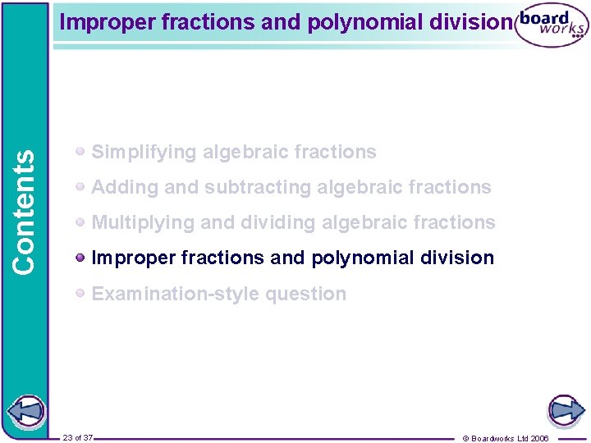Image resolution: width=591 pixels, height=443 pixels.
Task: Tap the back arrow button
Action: [27, 410]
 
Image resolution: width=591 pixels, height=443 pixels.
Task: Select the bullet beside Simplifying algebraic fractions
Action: [80, 152]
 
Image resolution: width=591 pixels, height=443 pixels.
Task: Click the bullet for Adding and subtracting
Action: [80, 187]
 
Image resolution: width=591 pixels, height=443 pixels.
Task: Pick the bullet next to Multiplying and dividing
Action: [80, 222]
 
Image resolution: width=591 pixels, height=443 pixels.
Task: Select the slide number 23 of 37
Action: [78, 437]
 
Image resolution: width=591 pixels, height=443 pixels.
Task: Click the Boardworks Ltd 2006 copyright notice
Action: [506, 438]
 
